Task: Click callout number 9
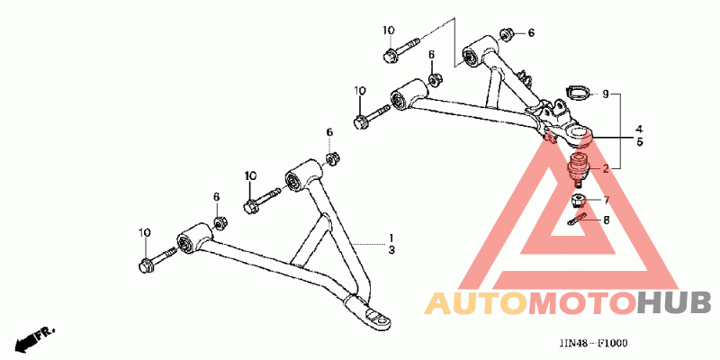pos(606,94)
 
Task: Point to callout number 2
pos(607,168)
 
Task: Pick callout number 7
pos(607,200)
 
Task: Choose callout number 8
pos(607,219)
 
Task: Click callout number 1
pos(391,238)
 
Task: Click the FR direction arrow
pos(33,338)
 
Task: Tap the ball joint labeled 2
pos(577,166)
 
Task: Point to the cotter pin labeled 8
pos(578,219)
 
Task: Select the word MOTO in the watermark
pos(580,303)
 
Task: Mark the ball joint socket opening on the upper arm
pos(577,137)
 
